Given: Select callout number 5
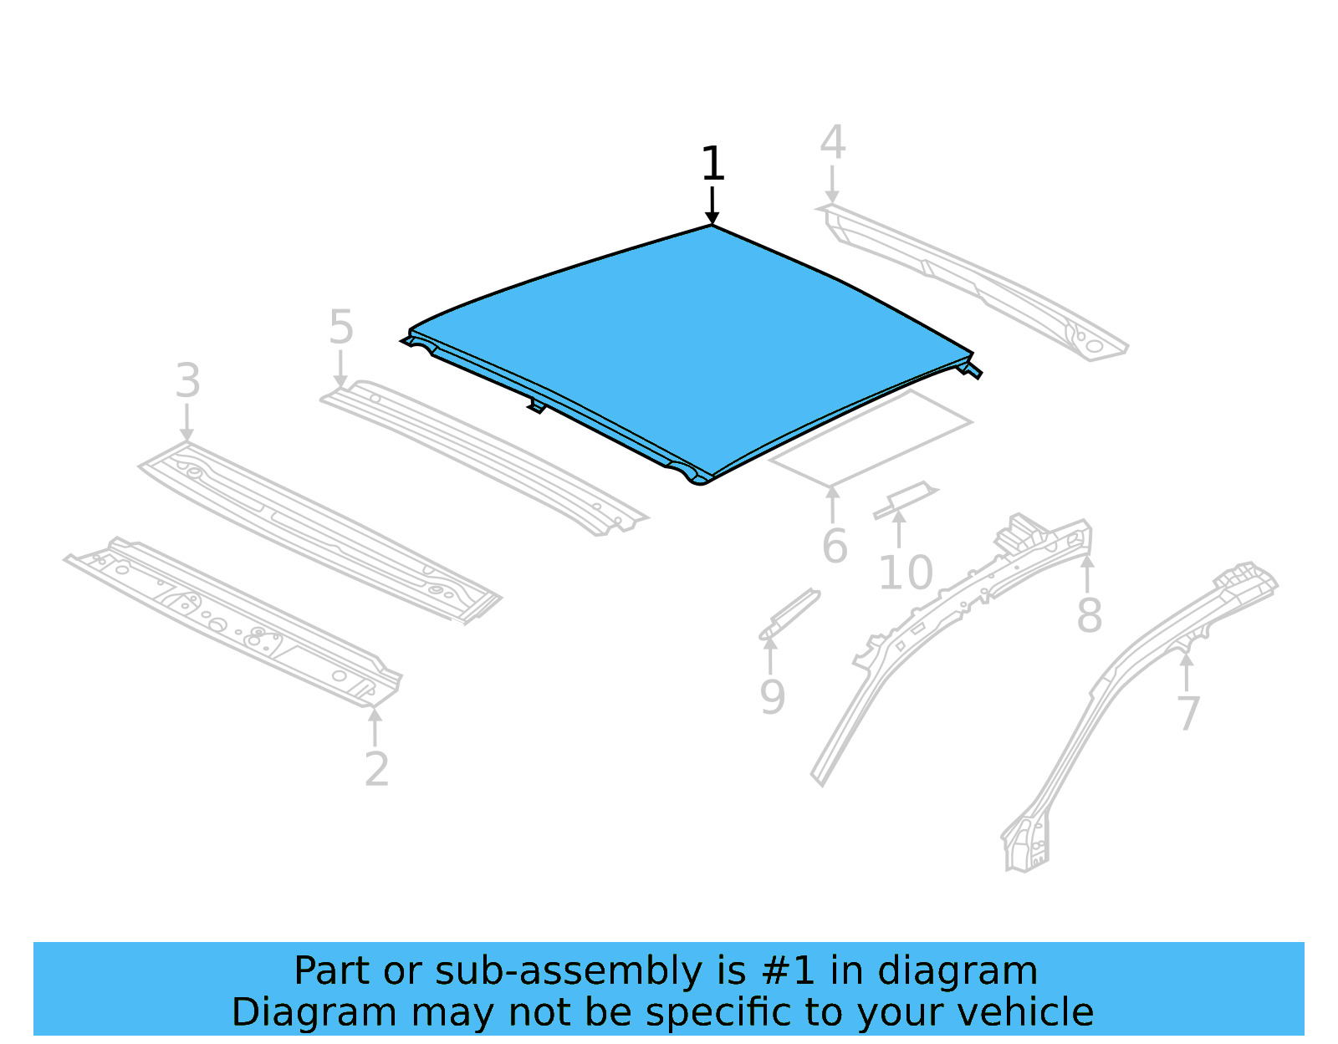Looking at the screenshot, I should point(340,327).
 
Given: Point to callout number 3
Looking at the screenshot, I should point(187,381).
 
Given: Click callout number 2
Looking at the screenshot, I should point(376,769).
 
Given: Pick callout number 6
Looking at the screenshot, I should point(835,547).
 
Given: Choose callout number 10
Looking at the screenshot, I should point(905,573).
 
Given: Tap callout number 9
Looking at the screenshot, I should point(772,697).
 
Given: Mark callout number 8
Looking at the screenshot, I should point(1089,616).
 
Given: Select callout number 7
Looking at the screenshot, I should point(1188,714).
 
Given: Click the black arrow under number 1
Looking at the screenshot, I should point(712,206).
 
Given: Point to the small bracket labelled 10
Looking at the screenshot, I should point(905,498).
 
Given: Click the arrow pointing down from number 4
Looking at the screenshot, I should point(832,184).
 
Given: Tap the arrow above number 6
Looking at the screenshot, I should point(833,505).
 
